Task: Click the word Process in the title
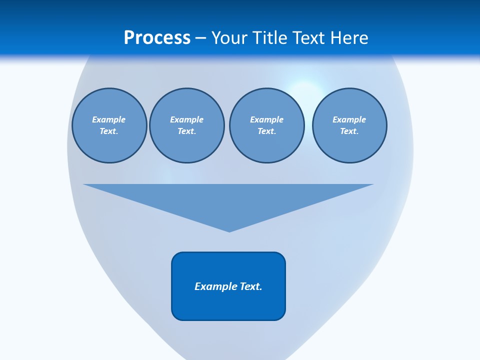[x=157, y=38]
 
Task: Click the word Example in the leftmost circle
[x=109, y=119]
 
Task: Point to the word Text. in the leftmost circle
[x=109, y=131]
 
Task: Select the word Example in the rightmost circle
[x=349, y=119]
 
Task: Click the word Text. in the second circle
[x=186, y=131]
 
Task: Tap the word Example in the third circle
[x=266, y=119]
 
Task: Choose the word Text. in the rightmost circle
[x=349, y=131]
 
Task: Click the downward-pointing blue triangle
[x=228, y=200]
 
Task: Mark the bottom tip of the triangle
[x=229, y=231]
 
